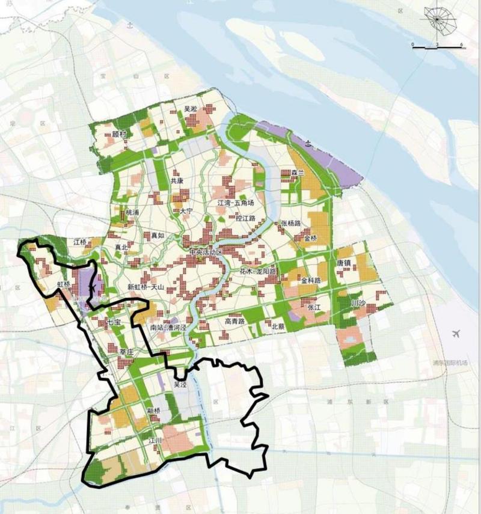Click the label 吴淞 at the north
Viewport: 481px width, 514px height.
pyautogui.click(x=191, y=109)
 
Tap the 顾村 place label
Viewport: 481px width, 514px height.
pyautogui.click(x=120, y=133)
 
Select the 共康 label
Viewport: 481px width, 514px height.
pyautogui.click(x=177, y=180)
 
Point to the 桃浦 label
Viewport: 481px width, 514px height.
pyautogui.click(x=132, y=213)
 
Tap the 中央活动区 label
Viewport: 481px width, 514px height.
pyautogui.click(x=206, y=252)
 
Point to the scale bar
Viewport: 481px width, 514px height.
pyautogui.click(x=437, y=46)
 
